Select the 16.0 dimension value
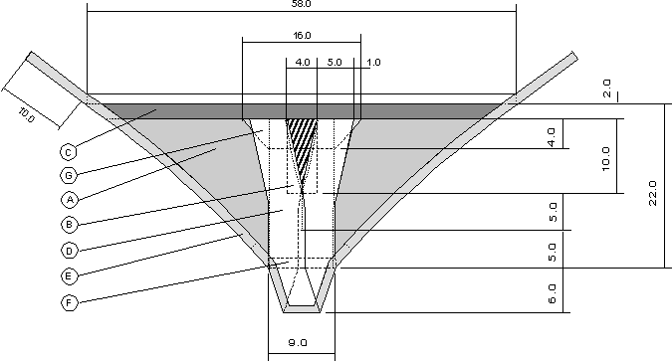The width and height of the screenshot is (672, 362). click(x=302, y=35)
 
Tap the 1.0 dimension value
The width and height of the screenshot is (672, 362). click(x=374, y=62)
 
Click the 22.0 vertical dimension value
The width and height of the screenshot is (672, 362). click(x=653, y=193)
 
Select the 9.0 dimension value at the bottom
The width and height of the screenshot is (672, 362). click(x=298, y=343)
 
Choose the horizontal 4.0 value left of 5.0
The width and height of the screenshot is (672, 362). click(x=303, y=62)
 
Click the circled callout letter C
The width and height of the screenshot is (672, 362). click(x=68, y=152)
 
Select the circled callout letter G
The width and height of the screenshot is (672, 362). click(x=68, y=175)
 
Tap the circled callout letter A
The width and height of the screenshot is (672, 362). click(x=68, y=199)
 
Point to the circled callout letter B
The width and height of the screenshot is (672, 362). click(x=68, y=225)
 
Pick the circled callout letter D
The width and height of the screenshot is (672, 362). click(x=68, y=250)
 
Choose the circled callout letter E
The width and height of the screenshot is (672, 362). click(x=68, y=276)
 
